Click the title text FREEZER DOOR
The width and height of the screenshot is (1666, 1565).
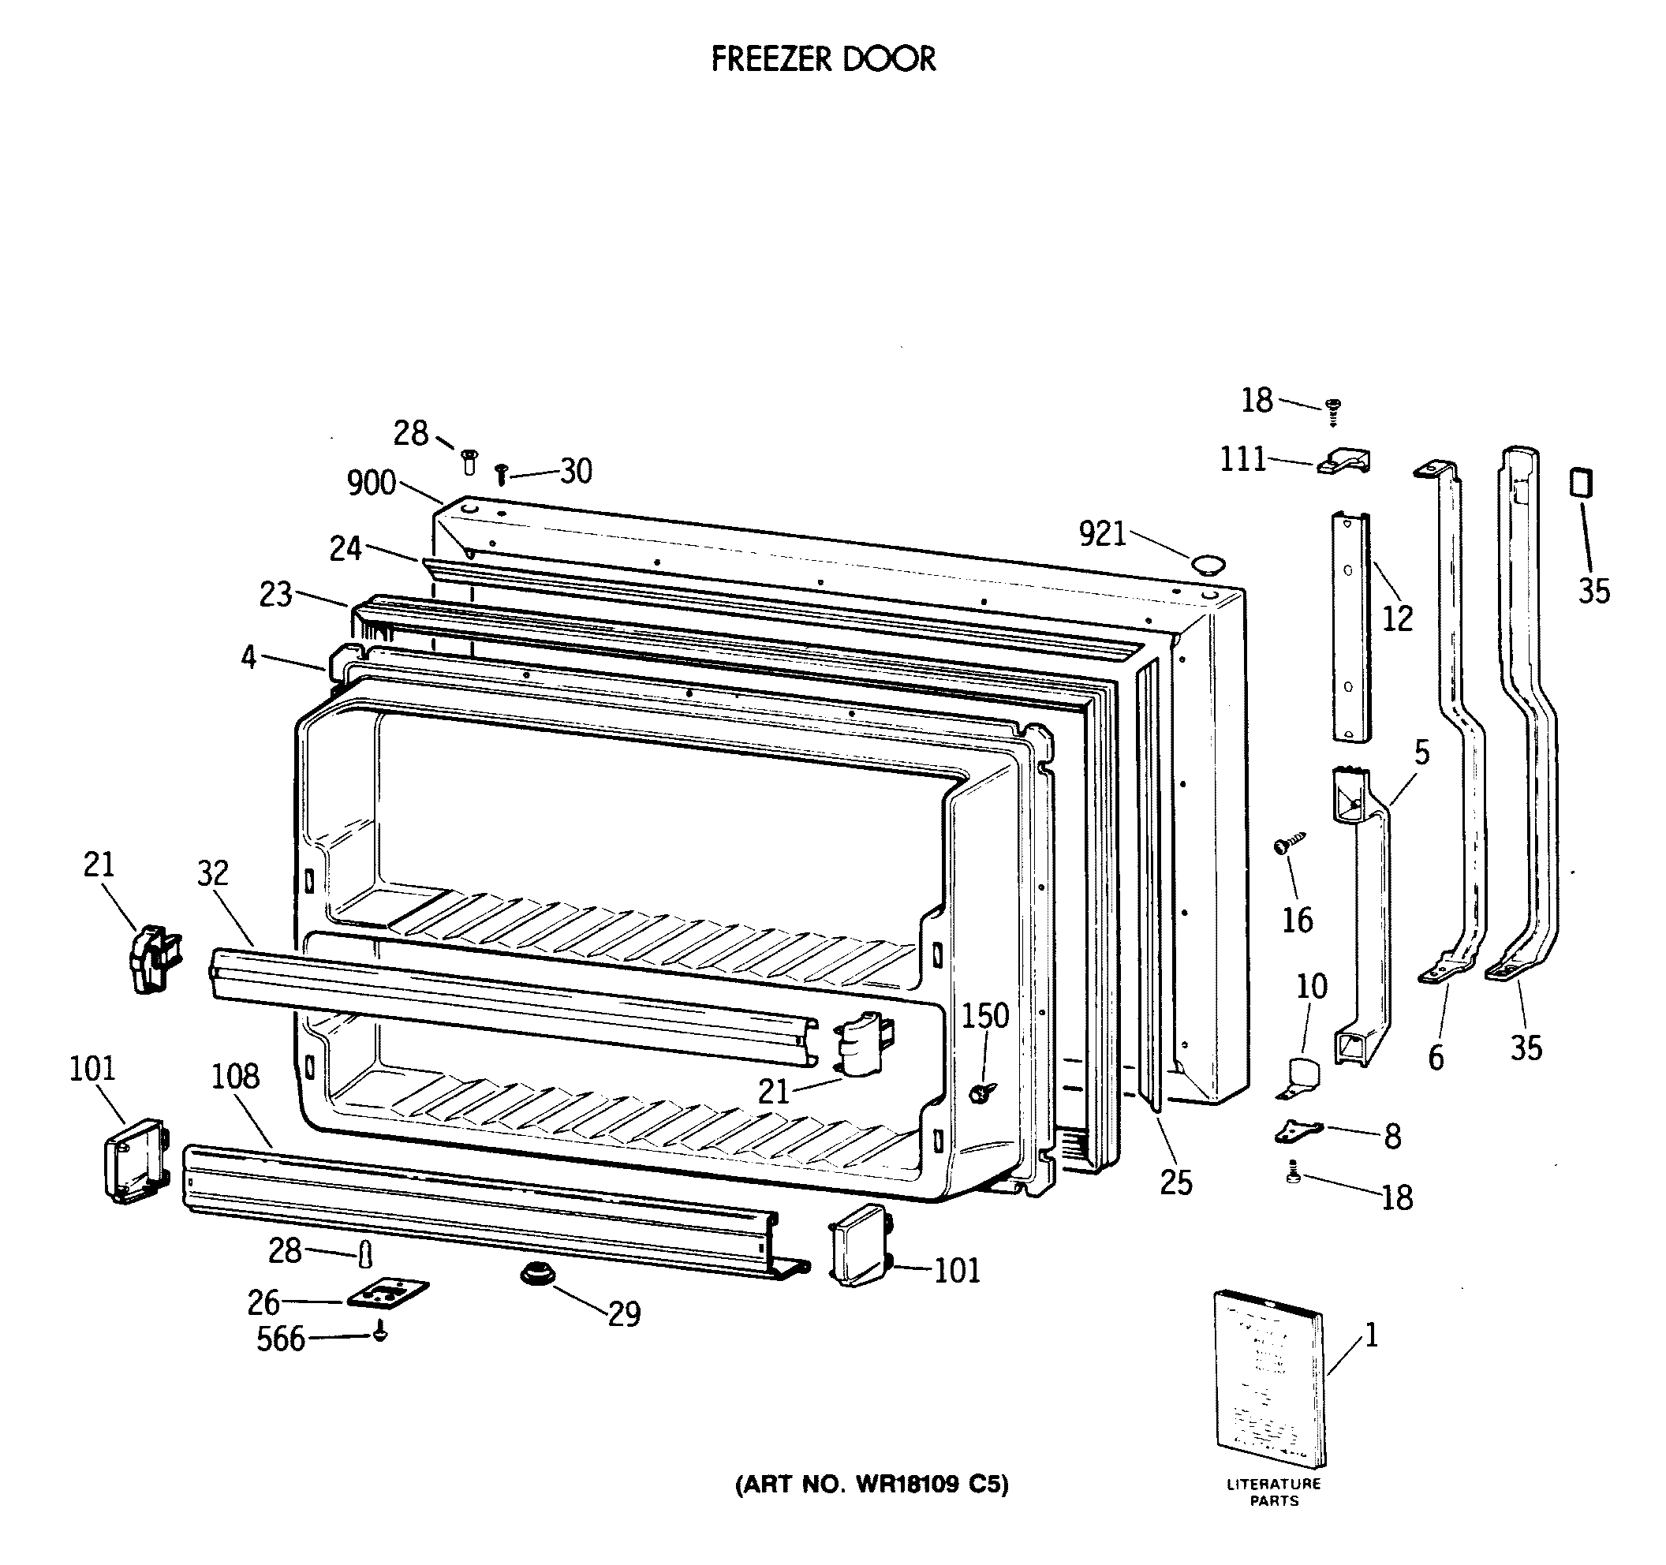pos(823,58)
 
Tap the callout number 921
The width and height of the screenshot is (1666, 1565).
pos(1102,535)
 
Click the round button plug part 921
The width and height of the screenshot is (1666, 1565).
pos(1208,563)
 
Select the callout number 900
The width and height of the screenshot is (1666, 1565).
pos(372,484)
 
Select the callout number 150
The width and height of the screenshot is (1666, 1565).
pos(984,1016)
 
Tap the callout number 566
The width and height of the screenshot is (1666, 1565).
pos(281,1339)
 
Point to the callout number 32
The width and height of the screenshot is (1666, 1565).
pos(212,874)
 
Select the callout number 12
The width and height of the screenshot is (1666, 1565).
pos(1397,619)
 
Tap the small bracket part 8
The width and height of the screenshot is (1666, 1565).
pos(1298,1132)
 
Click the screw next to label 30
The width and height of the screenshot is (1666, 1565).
pos(501,475)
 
